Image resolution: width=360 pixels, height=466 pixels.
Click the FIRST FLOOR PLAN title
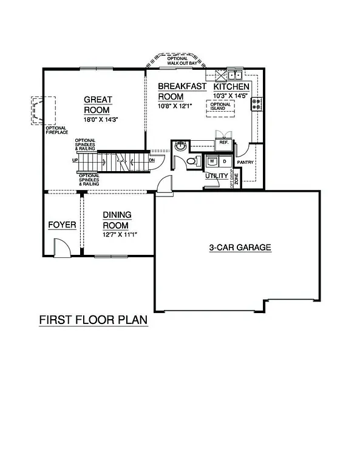(93, 320)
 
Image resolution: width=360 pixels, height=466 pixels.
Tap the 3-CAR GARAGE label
(240, 248)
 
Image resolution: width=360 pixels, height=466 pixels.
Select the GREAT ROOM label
(97, 104)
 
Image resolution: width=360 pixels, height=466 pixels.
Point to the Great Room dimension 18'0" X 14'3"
(100, 120)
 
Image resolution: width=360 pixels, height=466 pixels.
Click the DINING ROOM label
(117, 220)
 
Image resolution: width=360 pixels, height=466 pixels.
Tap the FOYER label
(62, 225)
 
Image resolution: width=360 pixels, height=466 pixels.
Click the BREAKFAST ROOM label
(182, 91)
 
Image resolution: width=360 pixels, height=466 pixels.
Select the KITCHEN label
(231, 87)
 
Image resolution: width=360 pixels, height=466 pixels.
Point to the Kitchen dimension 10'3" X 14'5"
(231, 96)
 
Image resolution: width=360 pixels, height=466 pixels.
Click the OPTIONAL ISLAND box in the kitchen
(221, 106)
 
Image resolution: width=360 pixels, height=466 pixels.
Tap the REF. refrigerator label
(223, 143)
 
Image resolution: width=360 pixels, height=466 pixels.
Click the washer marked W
(212, 162)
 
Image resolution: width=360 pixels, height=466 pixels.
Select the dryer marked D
(223, 162)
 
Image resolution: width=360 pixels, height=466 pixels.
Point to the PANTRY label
(245, 163)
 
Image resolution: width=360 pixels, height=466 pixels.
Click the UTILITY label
(216, 176)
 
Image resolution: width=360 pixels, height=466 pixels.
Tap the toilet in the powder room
(192, 161)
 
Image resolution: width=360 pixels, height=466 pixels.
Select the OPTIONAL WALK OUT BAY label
(177, 60)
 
